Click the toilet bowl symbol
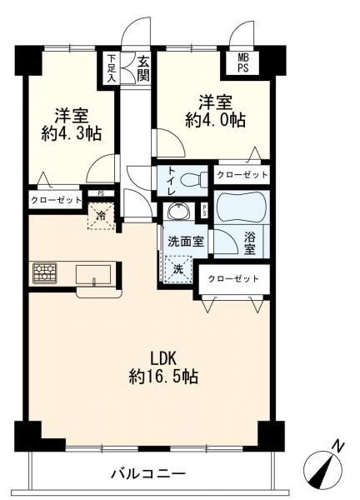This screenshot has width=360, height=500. click(192, 180)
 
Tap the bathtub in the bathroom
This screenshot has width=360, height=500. click(242, 207)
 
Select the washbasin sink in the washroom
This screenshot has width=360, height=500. click(178, 211)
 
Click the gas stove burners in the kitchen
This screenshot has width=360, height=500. click(45, 273)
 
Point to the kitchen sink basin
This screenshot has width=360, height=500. click(93, 274)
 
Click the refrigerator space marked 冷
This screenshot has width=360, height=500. click(101, 216)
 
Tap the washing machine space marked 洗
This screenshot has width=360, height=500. click(178, 269)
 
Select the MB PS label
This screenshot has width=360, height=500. click(242, 63)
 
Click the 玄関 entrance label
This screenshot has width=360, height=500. click(143, 68)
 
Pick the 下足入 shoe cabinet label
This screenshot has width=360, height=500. click(111, 68)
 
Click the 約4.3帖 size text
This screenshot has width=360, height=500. click(72, 133)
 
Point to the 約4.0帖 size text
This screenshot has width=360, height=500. click(215, 120)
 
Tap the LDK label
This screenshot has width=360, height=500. click(163, 359)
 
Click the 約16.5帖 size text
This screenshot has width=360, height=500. click(163, 377)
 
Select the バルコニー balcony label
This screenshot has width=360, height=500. click(148, 473)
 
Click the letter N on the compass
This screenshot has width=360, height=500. click(338, 446)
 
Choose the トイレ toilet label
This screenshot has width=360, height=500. click(171, 181)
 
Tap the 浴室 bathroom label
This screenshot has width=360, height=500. click(250, 243)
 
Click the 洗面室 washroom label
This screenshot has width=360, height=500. click(186, 242)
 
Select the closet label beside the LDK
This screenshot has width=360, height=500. click(233, 279)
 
